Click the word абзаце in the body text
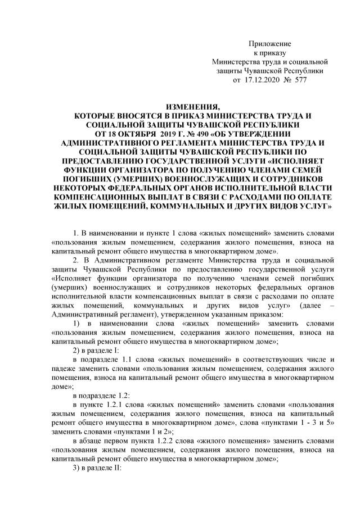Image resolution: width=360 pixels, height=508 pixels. [94, 440]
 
